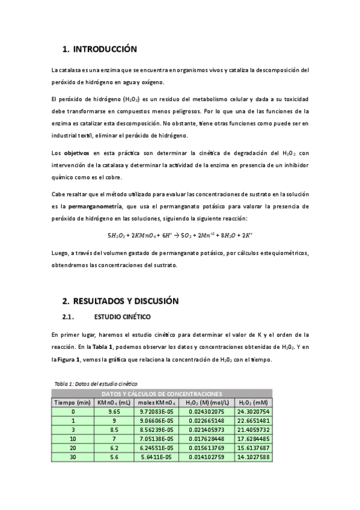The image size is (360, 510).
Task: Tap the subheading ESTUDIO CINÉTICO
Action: (123, 316)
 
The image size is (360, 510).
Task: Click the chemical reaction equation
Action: (180, 235)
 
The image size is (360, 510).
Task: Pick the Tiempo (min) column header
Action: (73, 402)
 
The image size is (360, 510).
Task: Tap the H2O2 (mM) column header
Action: (253, 402)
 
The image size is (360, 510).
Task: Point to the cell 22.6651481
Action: (253, 420)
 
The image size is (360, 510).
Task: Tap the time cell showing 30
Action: (73, 457)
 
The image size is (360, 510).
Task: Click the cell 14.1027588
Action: (253, 457)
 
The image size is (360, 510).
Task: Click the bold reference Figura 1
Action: (67, 360)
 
